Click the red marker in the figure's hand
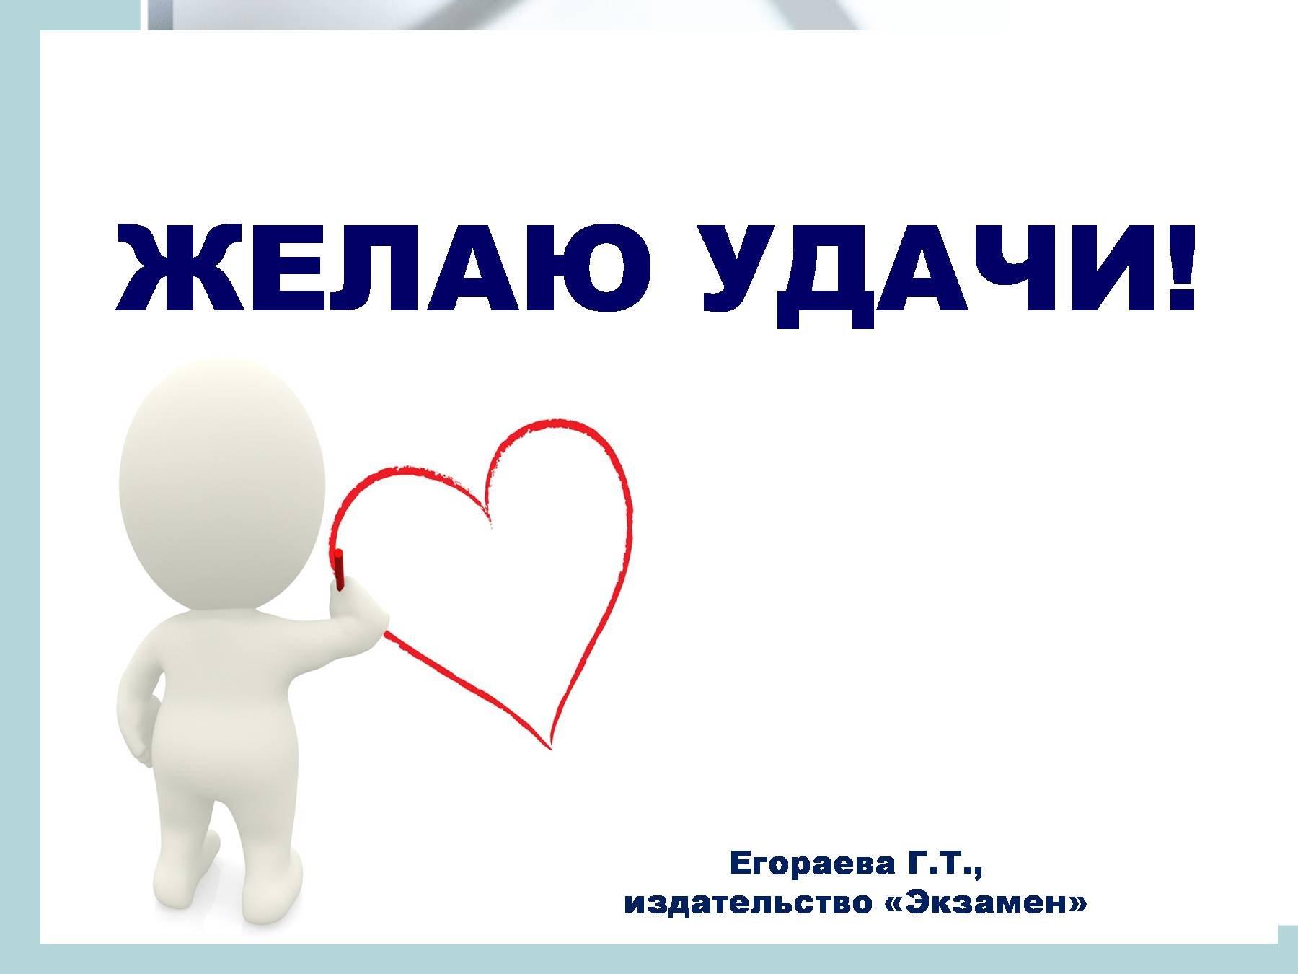338,569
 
